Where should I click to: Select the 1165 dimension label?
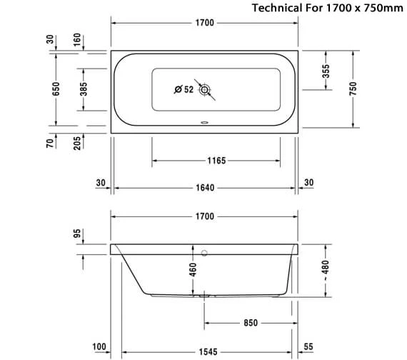[216, 161]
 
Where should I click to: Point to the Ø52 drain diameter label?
[184, 89]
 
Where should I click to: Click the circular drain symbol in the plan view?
[205, 90]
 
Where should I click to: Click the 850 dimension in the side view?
[250, 323]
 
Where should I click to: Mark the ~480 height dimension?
[326, 271]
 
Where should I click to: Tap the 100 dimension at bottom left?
[99, 347]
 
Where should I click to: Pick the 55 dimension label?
[308, 347]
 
